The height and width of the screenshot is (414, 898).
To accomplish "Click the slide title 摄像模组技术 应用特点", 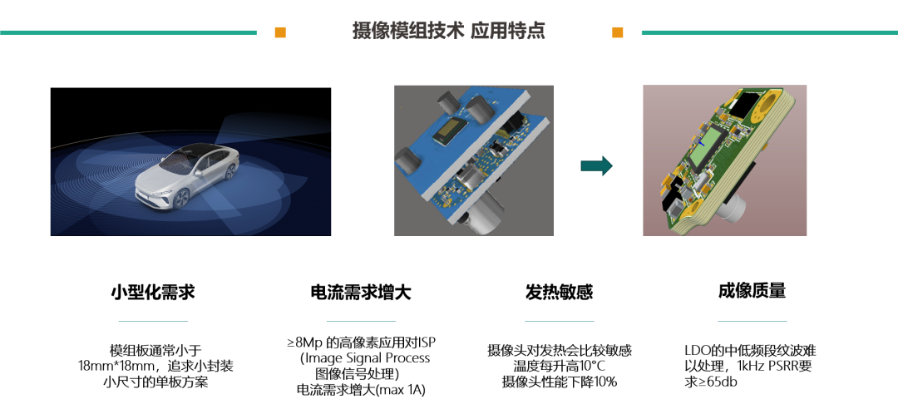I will (448, 32).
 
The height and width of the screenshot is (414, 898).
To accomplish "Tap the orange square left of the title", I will (280, 32).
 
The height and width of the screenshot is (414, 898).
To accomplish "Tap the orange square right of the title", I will (617, 32).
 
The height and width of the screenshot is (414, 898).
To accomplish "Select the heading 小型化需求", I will (153, 292).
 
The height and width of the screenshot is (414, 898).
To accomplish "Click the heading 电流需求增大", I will (360, 292).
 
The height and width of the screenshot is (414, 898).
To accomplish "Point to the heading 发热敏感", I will (559, 292).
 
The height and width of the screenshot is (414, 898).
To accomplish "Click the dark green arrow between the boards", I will (596, 165).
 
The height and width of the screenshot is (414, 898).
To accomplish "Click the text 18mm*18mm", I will (115, 366).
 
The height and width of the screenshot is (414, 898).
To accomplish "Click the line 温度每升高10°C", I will (559, 366).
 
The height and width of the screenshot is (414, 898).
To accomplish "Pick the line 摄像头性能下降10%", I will (559, 382).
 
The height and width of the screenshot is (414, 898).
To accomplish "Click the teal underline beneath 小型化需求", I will (153, 320).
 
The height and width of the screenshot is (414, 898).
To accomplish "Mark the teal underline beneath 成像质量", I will (752, 320).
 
